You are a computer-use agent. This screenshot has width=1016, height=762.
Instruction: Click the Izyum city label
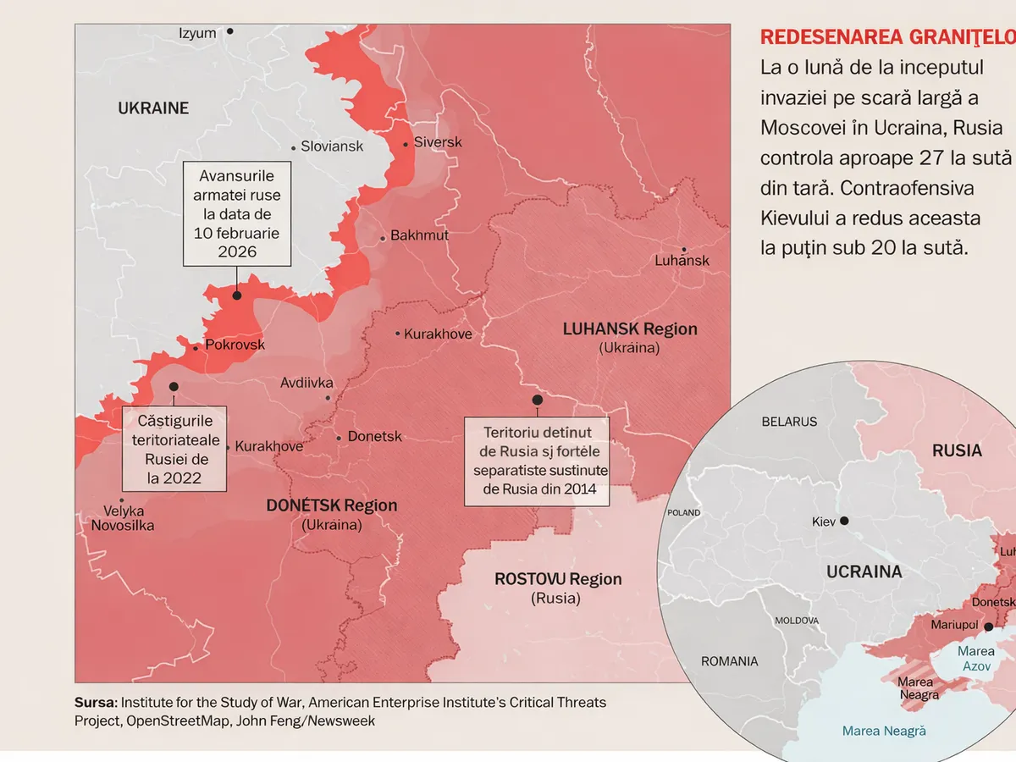pyautogui.click(x=197, y=33)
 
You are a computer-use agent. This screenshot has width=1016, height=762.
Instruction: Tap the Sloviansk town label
pyautogui.click(x=332, y=146)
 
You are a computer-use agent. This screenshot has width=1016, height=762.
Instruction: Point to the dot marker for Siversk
pyautogui.click(x=406, y=144)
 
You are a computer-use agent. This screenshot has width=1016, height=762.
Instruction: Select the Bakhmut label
pyautogui.click(x=419, y=235)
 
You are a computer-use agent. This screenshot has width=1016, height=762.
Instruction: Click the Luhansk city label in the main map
pyautogui.click(x=682, y=261)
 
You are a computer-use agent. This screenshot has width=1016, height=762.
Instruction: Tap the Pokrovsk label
pyautogui.click(x=235, y=345)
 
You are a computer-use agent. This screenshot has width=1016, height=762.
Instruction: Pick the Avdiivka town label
pyautogui.click(x=306, y=384)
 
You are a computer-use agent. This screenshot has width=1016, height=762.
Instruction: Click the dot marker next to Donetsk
pyautogui.click(x=340, y=438)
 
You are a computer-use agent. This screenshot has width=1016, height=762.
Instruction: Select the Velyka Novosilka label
pyautogui.click(x=124, y=518)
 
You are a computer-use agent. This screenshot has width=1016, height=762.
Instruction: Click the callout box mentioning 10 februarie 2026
pyautogui.click(x=237, y=214)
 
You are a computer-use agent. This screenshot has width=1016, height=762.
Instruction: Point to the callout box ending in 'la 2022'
pyautogui.click(x=174, y=449)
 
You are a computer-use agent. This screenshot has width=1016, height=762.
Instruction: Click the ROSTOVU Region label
pyautogui.click(x=557, y=580)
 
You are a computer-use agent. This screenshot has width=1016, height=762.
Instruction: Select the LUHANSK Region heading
pyautogui.click(x=630, y=329)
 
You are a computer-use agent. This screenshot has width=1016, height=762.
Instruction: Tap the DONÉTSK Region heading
pyautogui.click(x=331, y=505)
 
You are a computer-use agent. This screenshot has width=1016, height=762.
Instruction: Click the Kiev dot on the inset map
pyautogui.click(x=843, y=522)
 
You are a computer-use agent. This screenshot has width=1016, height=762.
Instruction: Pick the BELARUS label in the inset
pyautogui.click(x=789, y=422)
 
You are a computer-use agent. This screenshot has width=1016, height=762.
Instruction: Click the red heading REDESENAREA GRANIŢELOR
pyautogui.click(x=887, y=37)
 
